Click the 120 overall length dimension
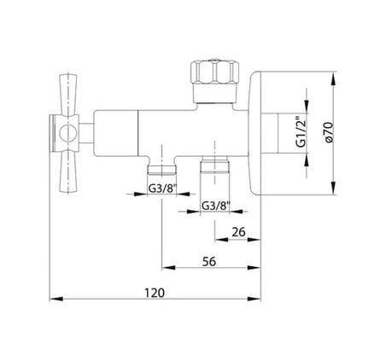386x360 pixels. tap(155, 293)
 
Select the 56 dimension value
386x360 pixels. tap(209, 261)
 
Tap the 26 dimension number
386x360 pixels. tap(238, 232)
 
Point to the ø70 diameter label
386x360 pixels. tap(328, 132)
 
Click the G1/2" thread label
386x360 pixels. tap(301, 131)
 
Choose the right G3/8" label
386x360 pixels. tap(216, 206)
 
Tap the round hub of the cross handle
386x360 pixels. tap(67, 133)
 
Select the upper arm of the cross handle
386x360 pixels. tap(68, 95)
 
